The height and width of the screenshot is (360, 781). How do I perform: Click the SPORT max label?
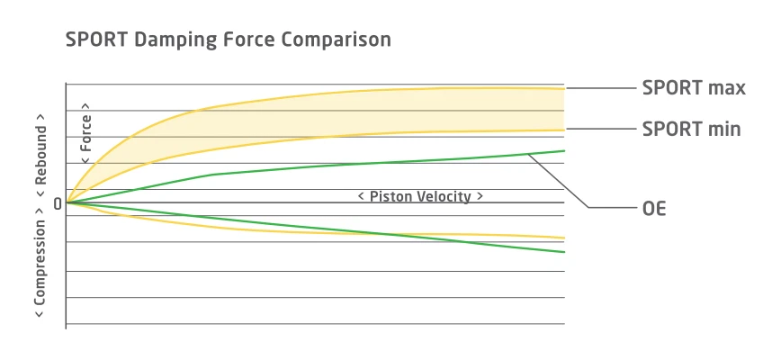[694, 88]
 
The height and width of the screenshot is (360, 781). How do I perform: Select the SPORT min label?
[691, 130]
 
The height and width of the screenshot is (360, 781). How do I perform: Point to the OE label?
[654, 208]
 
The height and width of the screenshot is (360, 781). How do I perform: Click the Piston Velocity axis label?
[420, 196]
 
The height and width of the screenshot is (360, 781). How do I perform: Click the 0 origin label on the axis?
[58, 203]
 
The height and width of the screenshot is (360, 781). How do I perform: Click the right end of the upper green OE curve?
[563, 150]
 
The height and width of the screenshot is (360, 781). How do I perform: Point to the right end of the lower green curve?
[563, 252]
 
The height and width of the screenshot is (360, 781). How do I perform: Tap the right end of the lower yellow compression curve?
[563, 238]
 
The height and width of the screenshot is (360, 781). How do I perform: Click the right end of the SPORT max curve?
[563, 88]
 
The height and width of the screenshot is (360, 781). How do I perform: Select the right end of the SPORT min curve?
[563, 130]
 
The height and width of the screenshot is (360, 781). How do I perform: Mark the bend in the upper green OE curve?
[212, 174]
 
